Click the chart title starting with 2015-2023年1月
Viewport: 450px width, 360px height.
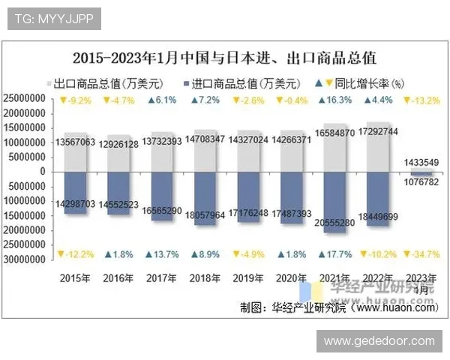click(225, 57)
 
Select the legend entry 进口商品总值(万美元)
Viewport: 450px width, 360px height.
click(241, 83)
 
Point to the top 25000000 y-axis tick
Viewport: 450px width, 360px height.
click(29, 99)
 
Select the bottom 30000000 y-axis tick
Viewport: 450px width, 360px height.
click(29, 259)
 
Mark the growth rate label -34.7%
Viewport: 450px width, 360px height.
click(421, 255)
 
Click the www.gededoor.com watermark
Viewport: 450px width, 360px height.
click(379, 341)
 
